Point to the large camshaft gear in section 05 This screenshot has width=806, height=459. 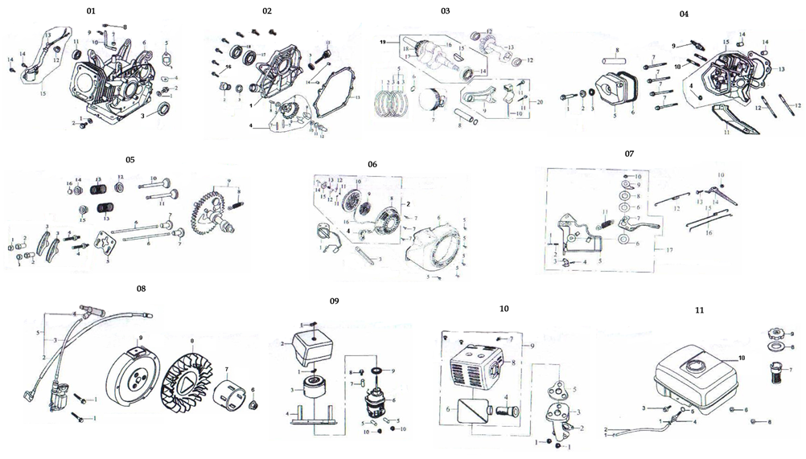(211, 213)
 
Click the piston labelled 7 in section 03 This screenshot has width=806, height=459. (433, 104)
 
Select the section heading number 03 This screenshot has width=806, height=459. (445, 11)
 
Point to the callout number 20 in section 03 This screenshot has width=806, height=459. (539, 102)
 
